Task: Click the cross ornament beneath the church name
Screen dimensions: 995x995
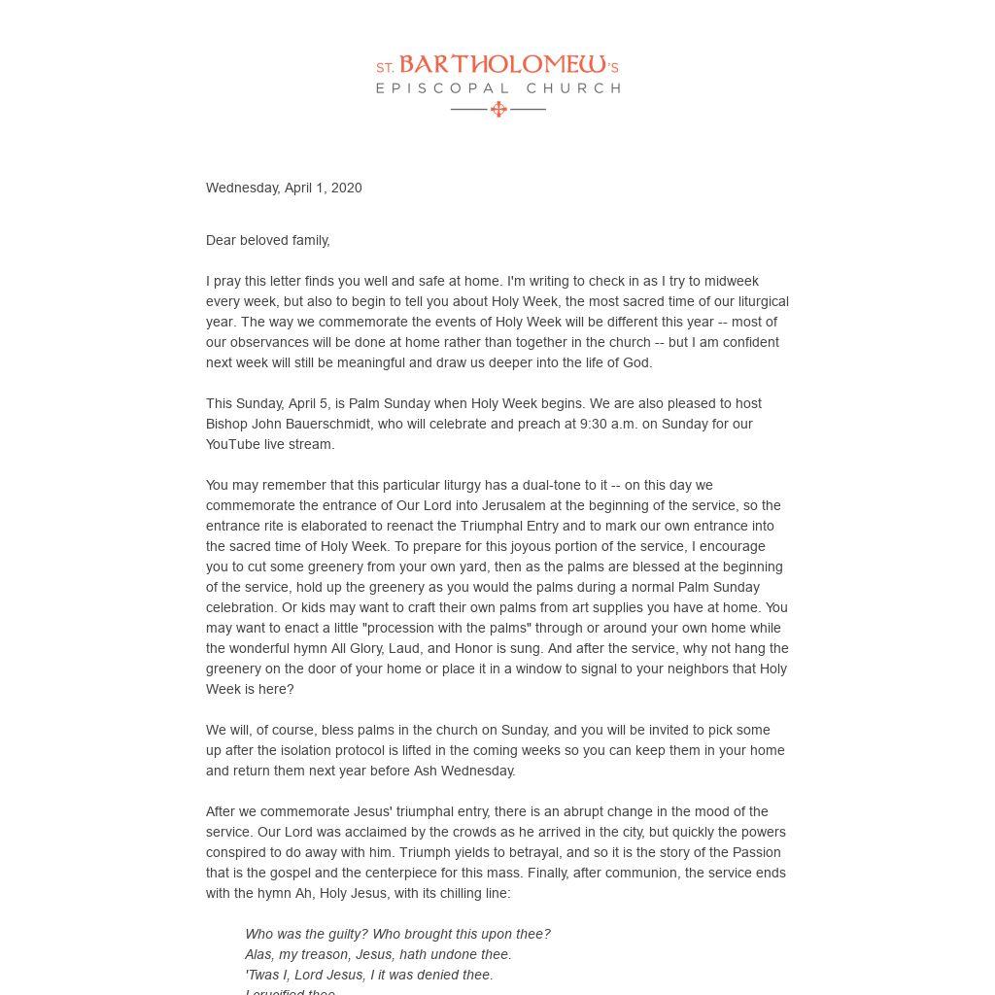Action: click(x=498, y=109)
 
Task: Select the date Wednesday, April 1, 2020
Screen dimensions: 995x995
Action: click(x=284, y=188)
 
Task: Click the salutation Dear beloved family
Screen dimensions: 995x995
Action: click(x=268, y=240)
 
